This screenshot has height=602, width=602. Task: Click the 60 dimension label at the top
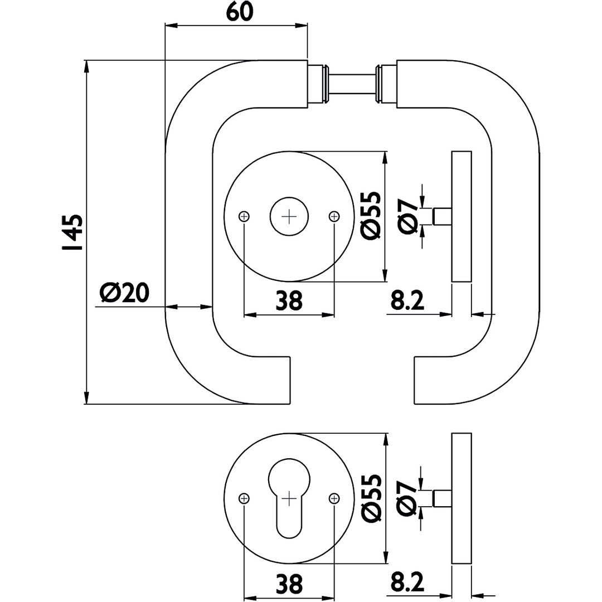click(x=240, y=12)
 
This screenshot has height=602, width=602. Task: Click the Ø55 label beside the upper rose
click(x=371, y=216)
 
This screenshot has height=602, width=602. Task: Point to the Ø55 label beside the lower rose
click(x=371, y=498)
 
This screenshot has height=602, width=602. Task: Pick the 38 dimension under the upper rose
click(x=289, y=300)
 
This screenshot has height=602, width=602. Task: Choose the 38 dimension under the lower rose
click(x=289, y=584)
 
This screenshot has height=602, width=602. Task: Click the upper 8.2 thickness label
click(x=407, y=300)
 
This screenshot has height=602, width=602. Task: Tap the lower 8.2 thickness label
click(x=407, y=584)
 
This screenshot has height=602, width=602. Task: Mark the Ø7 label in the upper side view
click(x=409, y=216)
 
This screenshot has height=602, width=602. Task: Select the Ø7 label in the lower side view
click(x=409, y=498)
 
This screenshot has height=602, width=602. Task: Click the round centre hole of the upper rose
click(x=289, y=216)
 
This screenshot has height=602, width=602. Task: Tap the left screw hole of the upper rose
click(x=244, y=216)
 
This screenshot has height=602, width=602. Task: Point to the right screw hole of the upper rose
click(x=334, y=216)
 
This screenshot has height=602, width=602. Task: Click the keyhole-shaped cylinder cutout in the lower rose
click(x=289, y=496)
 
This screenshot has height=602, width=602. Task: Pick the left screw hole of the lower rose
click(x=244, y=498)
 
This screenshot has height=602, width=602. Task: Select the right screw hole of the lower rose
click(x=334, y=498)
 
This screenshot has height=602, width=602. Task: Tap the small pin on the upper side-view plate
click(x=443, y=216)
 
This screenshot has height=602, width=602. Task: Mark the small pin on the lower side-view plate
click(x=443, y=498)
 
